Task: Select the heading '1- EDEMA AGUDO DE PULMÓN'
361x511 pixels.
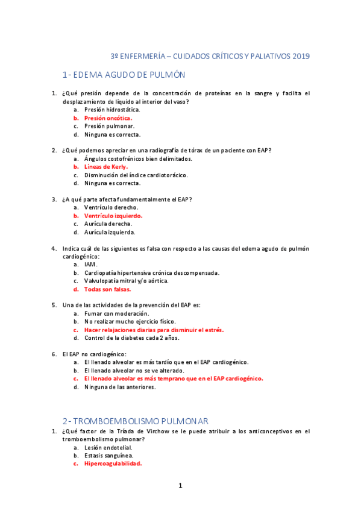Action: click(124, 75)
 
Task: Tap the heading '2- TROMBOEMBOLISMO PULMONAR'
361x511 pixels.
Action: click(135, 420)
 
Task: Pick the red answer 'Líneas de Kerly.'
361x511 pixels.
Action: click(106, 167)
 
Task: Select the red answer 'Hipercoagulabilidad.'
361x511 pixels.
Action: click(113, 464)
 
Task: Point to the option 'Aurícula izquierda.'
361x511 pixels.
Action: click(110, 232)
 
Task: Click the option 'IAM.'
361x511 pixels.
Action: click(91, 265)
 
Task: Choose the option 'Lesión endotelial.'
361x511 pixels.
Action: click(108, 448)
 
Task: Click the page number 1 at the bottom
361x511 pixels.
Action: click(180, 486)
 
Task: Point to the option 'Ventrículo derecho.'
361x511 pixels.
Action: click(111, 207)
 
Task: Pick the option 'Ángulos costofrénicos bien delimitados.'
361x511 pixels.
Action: click(138, 158)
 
